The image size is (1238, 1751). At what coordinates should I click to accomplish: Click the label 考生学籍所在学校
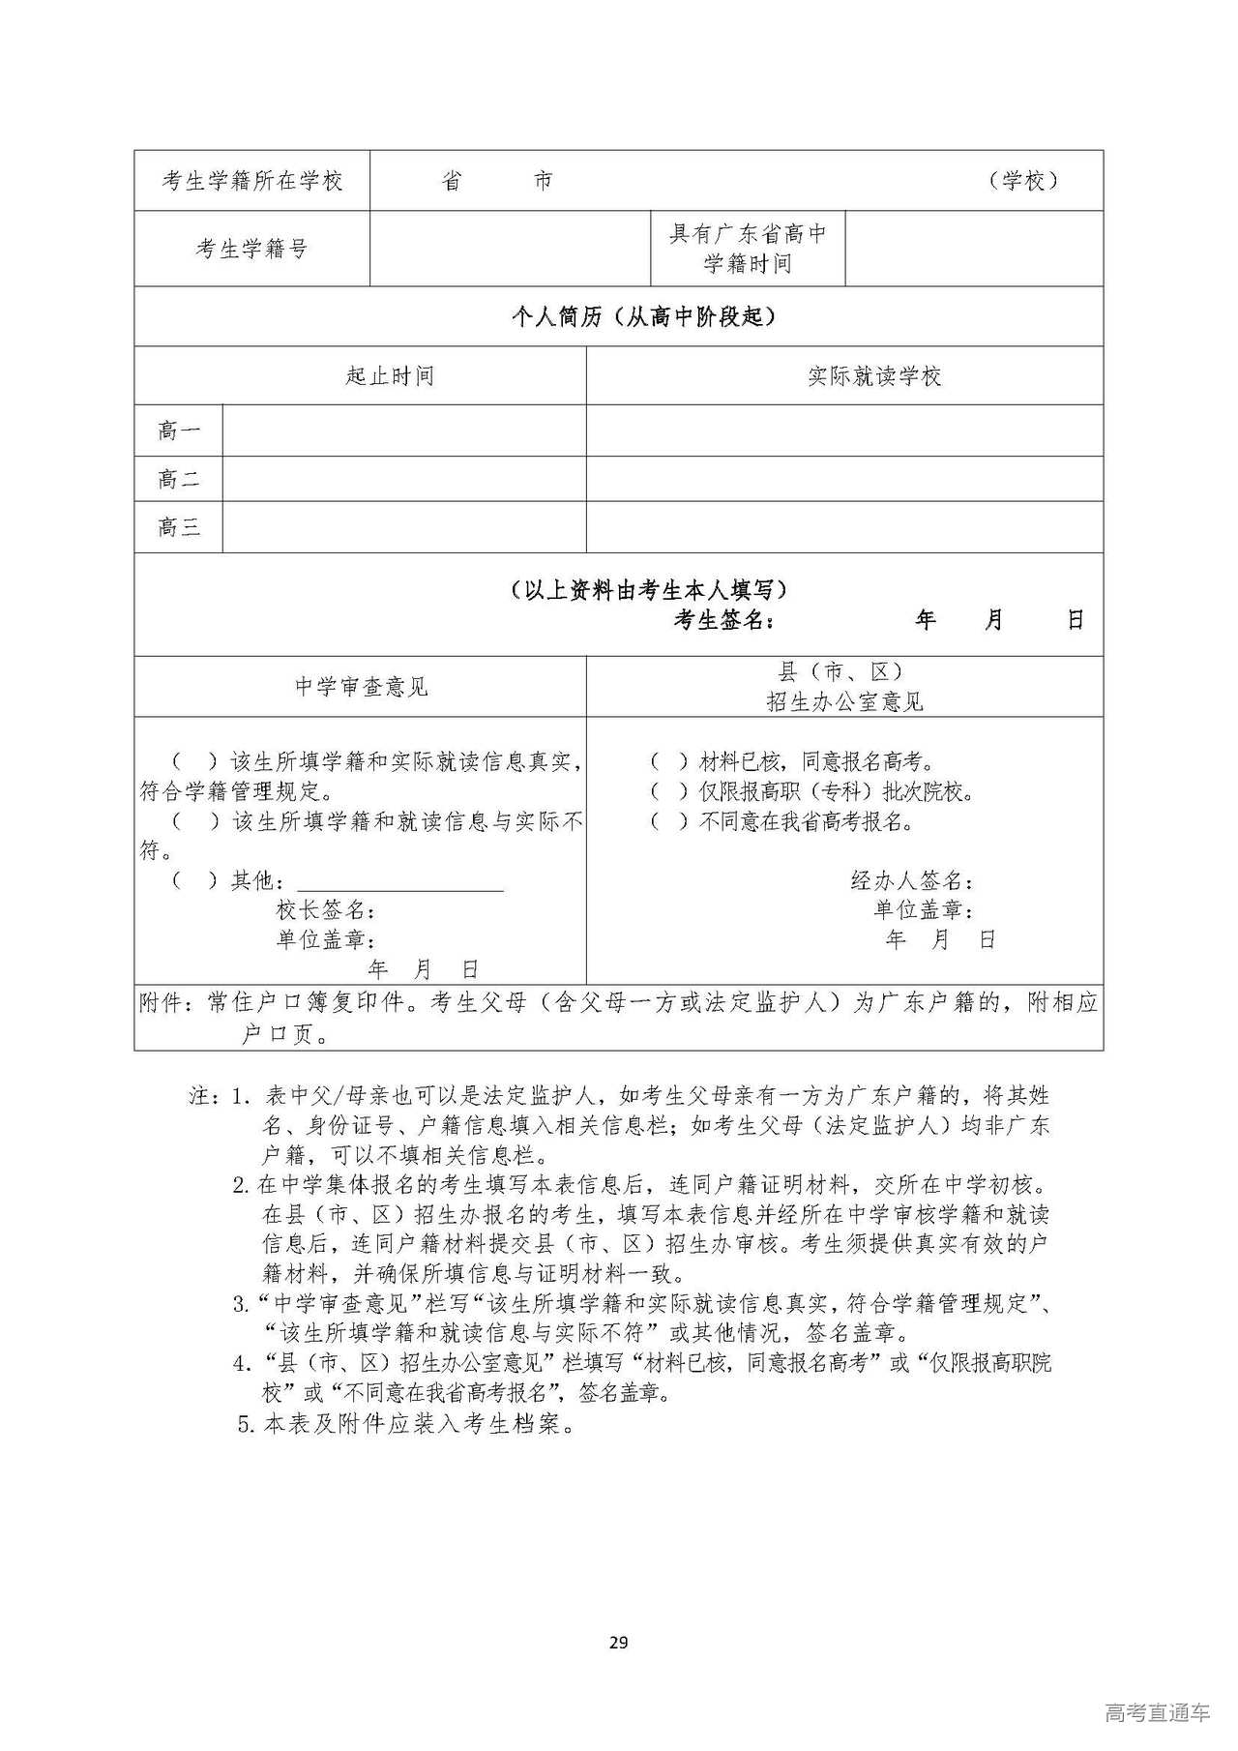pyautogui.click(x=251, y=181)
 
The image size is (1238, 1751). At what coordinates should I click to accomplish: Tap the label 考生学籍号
pyautogui.click(x=251, y=249)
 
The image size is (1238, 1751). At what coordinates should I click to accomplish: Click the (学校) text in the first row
pyautogui.click(x=1023, y=181)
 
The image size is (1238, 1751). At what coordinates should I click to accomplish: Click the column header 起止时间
pyautogui.click(x=390, y=375)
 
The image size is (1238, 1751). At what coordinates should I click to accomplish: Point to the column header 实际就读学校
pyautogui.click(x=874, y=375)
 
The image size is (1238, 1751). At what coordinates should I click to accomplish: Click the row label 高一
pyautogui.click(x=179, y=430)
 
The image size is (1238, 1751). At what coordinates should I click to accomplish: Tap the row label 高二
pyautogui.click(x=179, y=479)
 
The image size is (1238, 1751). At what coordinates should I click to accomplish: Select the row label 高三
pyautogui.click(x=179, y=527)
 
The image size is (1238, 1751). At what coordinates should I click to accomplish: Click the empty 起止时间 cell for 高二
pyautogui.click(x=404, y=479)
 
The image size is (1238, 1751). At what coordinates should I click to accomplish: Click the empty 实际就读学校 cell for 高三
pyautogui.click(x=844, y=527)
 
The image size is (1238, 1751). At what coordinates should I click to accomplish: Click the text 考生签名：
pyautogui.click(x=724, y=620)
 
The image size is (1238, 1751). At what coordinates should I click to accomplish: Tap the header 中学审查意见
pyautogui.click(x=361, y=687)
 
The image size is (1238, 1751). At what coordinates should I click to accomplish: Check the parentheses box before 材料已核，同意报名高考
pyautogui.click(x=668, y=762)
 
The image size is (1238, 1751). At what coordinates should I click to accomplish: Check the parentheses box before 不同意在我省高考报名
pyautogui.click(x=668, y=822)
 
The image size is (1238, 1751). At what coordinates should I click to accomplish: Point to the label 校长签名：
pyautogui.click(x=326, y=910)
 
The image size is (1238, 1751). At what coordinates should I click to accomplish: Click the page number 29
pyautogui.click(x=619, y=1642)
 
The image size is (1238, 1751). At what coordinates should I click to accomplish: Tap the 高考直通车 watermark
pyautogui.click(x=1156, y=1713)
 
